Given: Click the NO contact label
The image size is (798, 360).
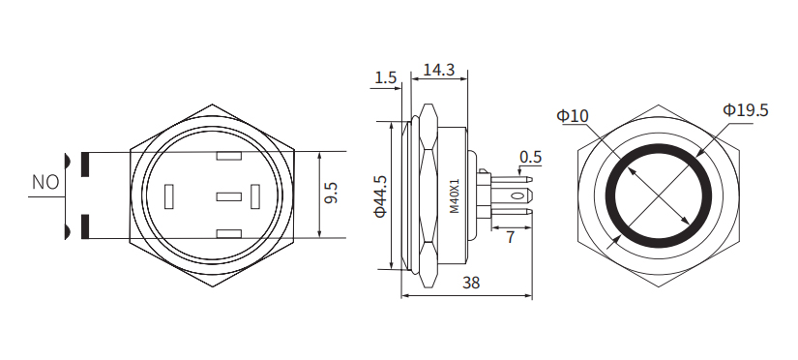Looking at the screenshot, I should [x=45, y=182].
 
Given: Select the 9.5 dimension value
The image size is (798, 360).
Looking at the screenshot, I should [x=331, y=194].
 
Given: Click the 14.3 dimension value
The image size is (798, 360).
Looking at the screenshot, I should [x=439, y=70].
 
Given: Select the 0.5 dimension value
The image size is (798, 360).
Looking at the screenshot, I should [x=530, y=157].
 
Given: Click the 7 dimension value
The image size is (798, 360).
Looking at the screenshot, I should [x=510, y=236].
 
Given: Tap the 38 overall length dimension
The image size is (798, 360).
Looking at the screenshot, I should [x=471, y=283].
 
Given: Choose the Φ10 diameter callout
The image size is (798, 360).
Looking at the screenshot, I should [x=573, y=116].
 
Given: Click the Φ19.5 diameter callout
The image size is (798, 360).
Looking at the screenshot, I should [x=745, y=110].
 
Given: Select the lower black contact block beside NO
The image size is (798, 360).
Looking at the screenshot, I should [x=86, y=226].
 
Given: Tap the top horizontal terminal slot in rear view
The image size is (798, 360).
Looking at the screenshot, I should [x=229, y=157].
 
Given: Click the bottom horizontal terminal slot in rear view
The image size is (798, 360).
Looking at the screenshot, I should [x=229, y=233].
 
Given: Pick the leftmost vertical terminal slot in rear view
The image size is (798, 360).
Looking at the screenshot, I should [x=170, y=196].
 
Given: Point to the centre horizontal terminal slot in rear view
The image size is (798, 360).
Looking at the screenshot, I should [x=228, y=196].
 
